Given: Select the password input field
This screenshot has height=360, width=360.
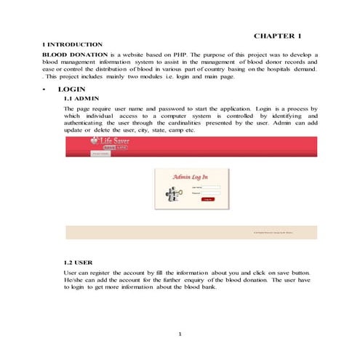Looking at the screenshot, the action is [212, 193].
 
